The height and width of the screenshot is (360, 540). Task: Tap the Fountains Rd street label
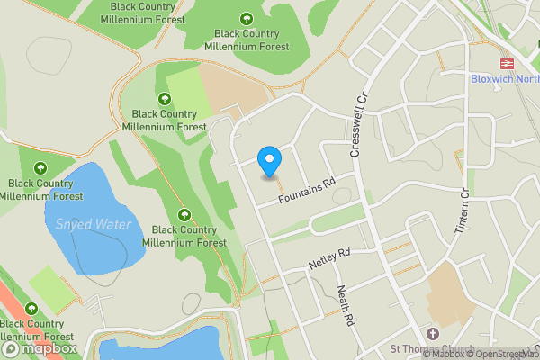click(x=306, y=191)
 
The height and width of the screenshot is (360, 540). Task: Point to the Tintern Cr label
click(x=465, y=211)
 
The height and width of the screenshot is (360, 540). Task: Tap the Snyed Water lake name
click(x=94, y=224)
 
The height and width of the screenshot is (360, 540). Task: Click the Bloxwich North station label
click(x=504, y=78)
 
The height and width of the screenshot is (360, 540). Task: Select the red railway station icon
click(x=507, y=64)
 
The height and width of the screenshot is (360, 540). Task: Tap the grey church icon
click(x=431, y=334)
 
